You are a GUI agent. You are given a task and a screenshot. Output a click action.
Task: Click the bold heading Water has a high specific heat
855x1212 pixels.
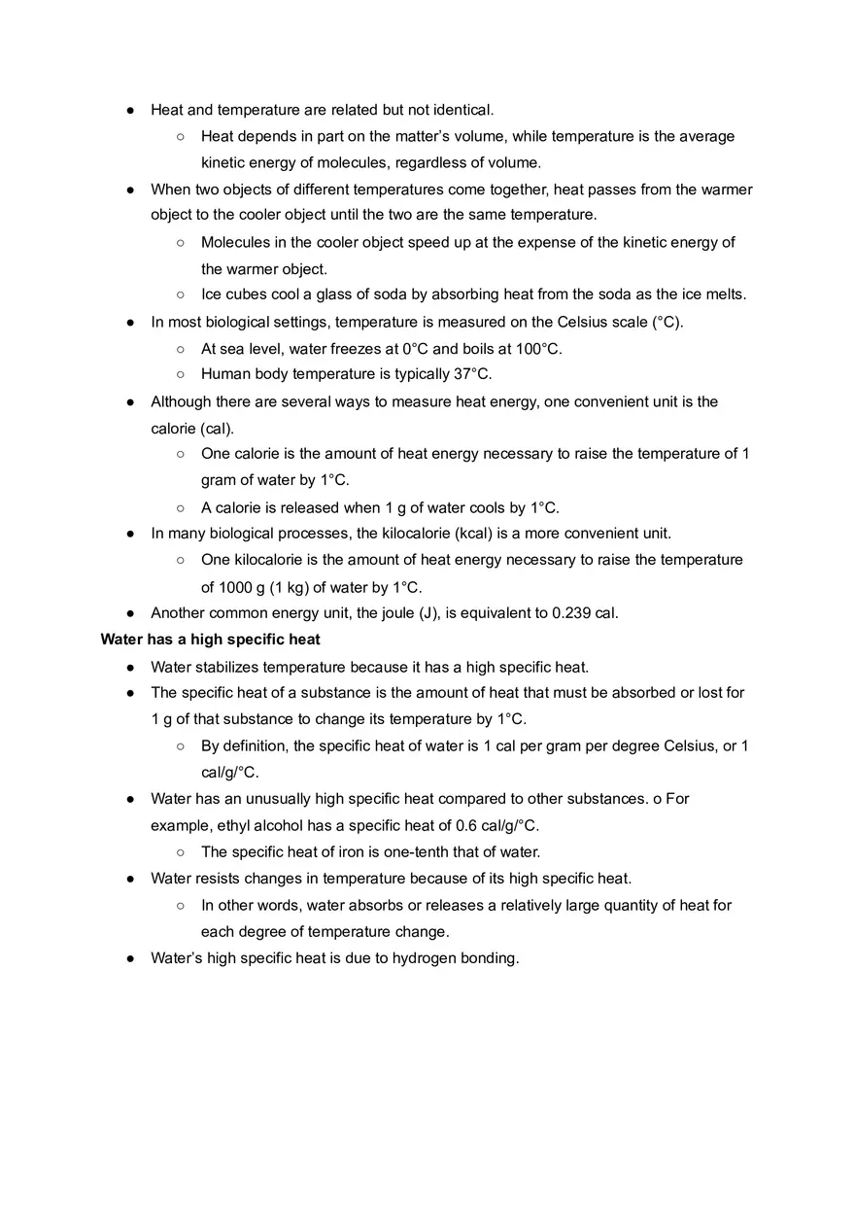tap(210, 640)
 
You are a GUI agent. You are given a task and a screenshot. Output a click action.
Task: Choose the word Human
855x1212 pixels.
tap(224, 374)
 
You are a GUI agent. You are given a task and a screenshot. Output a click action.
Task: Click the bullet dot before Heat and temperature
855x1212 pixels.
tap(130, 110)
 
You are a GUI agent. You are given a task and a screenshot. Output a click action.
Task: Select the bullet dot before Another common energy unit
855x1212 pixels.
tap(130, 613)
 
